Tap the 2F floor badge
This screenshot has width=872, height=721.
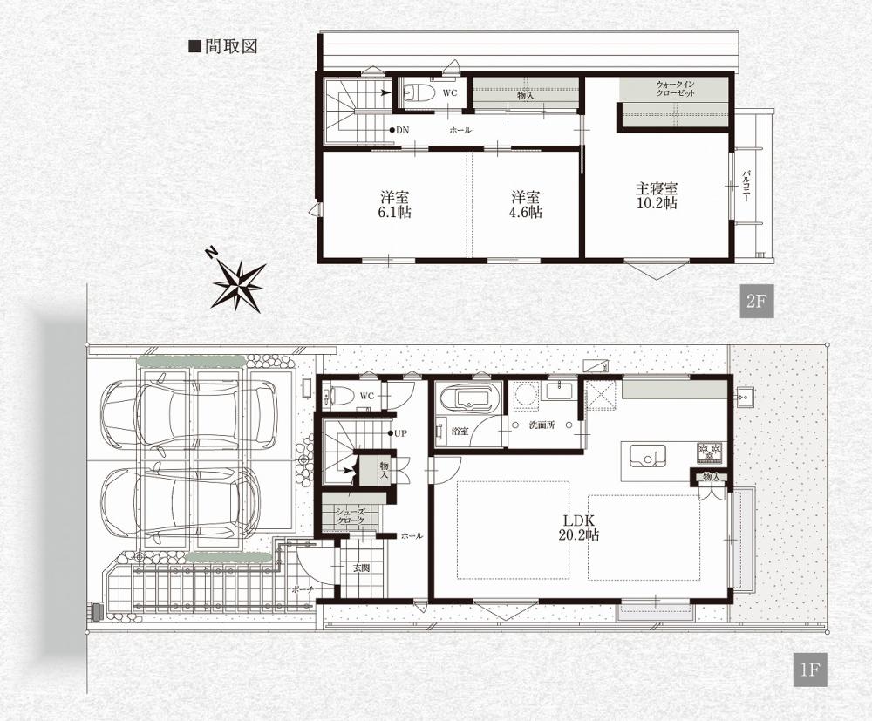coord(756,302)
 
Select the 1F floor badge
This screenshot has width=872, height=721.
coord(809,670)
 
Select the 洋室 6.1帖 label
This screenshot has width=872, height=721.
coord(395,204)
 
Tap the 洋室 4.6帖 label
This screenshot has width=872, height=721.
coord(526,204)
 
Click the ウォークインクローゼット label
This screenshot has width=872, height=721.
coord(675,89)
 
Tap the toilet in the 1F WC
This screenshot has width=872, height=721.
coord(337,395)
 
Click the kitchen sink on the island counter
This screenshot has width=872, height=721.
coord(648,456)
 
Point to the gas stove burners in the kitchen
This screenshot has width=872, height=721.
coord(710,452)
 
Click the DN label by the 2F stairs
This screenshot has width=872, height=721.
coord(402,130)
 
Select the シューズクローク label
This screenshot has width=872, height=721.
coord(350,514)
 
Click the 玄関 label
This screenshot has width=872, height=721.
coord(361,568)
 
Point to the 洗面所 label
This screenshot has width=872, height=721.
coord(541,425)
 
